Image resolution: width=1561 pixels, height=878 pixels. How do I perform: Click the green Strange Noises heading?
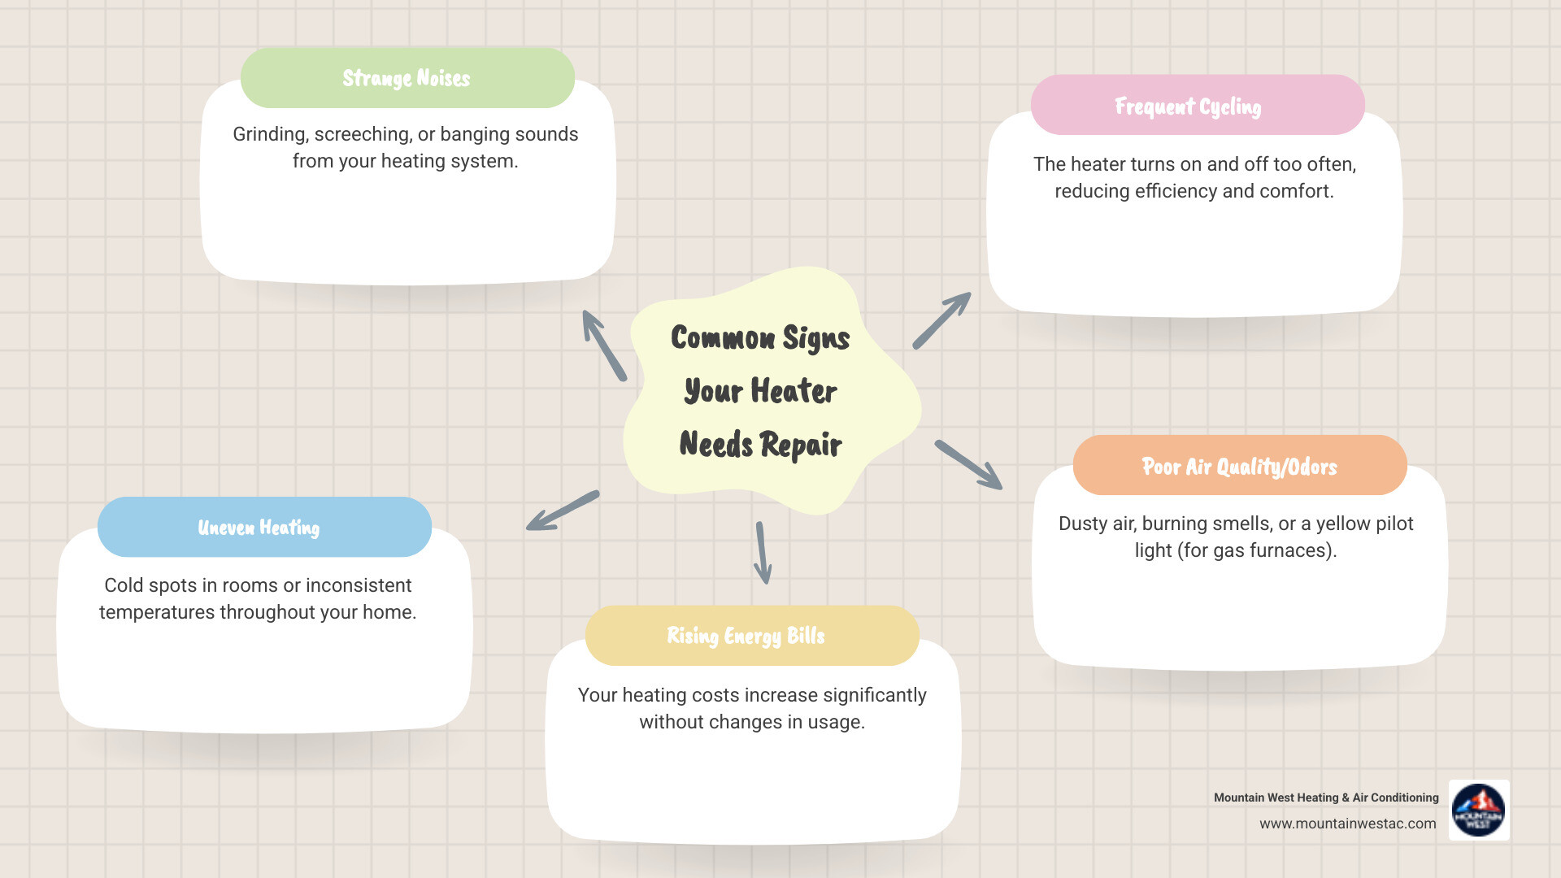[407, 78]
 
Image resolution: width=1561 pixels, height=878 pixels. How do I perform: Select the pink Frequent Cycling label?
[1188, 106]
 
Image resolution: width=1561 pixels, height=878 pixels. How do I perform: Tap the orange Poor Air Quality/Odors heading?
[1239, 467]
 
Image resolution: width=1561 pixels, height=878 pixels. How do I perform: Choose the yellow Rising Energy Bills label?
[746, 636]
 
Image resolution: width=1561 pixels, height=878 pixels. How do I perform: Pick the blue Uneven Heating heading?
[259, 528]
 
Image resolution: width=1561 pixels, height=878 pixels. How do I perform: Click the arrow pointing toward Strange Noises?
[603, 345]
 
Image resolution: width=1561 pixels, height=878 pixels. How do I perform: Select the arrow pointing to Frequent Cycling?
[941, 320]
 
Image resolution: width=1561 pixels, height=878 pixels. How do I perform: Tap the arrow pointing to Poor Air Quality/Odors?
[968, 464]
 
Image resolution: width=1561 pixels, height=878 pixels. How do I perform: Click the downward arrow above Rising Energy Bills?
[762, 553]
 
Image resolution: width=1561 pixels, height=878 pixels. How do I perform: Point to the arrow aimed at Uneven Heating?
[563, 511]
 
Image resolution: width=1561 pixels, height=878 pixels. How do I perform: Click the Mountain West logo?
[1478, 810]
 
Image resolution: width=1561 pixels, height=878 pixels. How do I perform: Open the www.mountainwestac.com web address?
[1347, 824]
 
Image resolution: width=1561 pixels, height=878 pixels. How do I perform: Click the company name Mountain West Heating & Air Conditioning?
[1326, 798]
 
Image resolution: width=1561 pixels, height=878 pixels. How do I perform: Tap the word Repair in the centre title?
[801, 445]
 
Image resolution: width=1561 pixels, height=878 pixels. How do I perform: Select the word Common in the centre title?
[723, 338]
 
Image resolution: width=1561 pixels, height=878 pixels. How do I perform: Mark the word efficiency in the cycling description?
[1176, 191]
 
